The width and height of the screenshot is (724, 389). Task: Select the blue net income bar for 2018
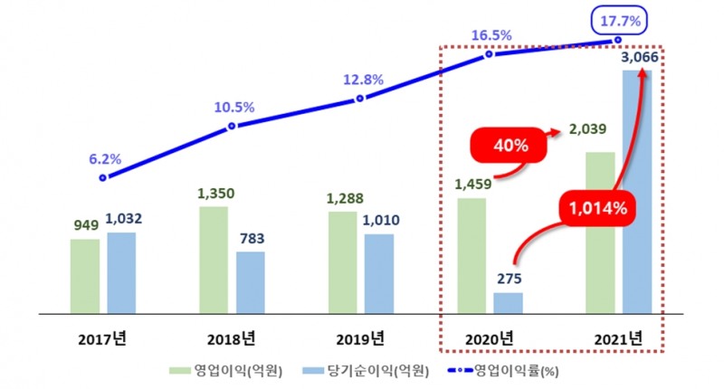251,282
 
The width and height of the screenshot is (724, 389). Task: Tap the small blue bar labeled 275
508,303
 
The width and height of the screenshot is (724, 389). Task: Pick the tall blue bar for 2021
636,191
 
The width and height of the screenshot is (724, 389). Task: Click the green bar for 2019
343,263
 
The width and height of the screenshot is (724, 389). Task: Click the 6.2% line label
103,159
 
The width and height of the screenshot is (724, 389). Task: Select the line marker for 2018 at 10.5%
232,126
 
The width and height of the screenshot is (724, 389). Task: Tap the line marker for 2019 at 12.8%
360,98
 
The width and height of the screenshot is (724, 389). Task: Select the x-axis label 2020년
488,338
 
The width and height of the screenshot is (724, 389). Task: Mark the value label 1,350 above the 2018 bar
214,193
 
